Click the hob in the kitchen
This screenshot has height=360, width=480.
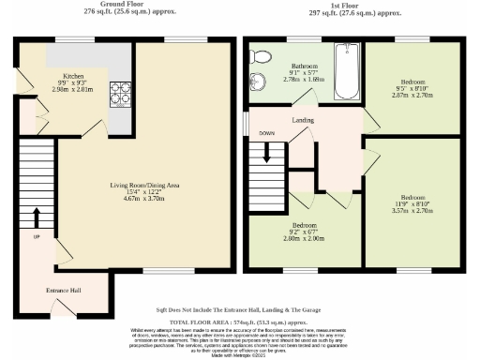(x=121, y=95)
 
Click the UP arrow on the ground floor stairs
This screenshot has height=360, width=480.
(x=37, y=217)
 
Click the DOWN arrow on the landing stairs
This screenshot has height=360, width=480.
(x=267, y=151)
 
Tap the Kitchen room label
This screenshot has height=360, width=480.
(x=74, y=77)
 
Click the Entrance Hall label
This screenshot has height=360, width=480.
(x=63, y=291)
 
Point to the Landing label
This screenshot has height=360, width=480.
(x=302, y=121)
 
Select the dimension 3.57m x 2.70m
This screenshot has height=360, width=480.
(x=412, y=212)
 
